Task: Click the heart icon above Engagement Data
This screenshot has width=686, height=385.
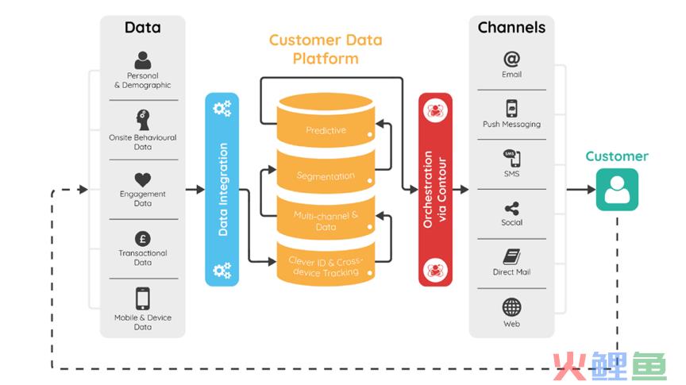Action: click(143, 179)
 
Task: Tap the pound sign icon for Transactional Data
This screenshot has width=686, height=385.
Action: click(143, 239)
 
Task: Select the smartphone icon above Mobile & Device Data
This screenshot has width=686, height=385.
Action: click(143, 298)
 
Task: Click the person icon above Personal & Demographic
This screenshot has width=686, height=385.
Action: click(143, 60)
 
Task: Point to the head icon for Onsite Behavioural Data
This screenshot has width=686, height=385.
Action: click(143, 120)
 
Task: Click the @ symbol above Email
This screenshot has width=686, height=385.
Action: click(511, 59)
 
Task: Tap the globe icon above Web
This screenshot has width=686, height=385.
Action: click(511, 307)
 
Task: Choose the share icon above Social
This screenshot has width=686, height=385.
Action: click(511, 209)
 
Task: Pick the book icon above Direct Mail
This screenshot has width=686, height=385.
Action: click(511, 257)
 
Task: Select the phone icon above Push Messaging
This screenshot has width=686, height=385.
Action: click(511, 109)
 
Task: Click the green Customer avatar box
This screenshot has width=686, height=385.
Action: click(617, 190)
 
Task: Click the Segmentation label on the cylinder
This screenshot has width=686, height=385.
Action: click(326, 176)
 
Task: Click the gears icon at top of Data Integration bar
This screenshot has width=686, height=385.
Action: click(222, 109)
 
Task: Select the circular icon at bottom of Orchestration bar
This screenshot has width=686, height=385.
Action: click(435, 270)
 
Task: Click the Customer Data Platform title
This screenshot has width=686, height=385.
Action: click(326, 49)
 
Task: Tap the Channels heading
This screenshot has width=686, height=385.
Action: click(511, 28)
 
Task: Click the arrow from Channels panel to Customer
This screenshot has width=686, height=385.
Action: click(581, 190)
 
